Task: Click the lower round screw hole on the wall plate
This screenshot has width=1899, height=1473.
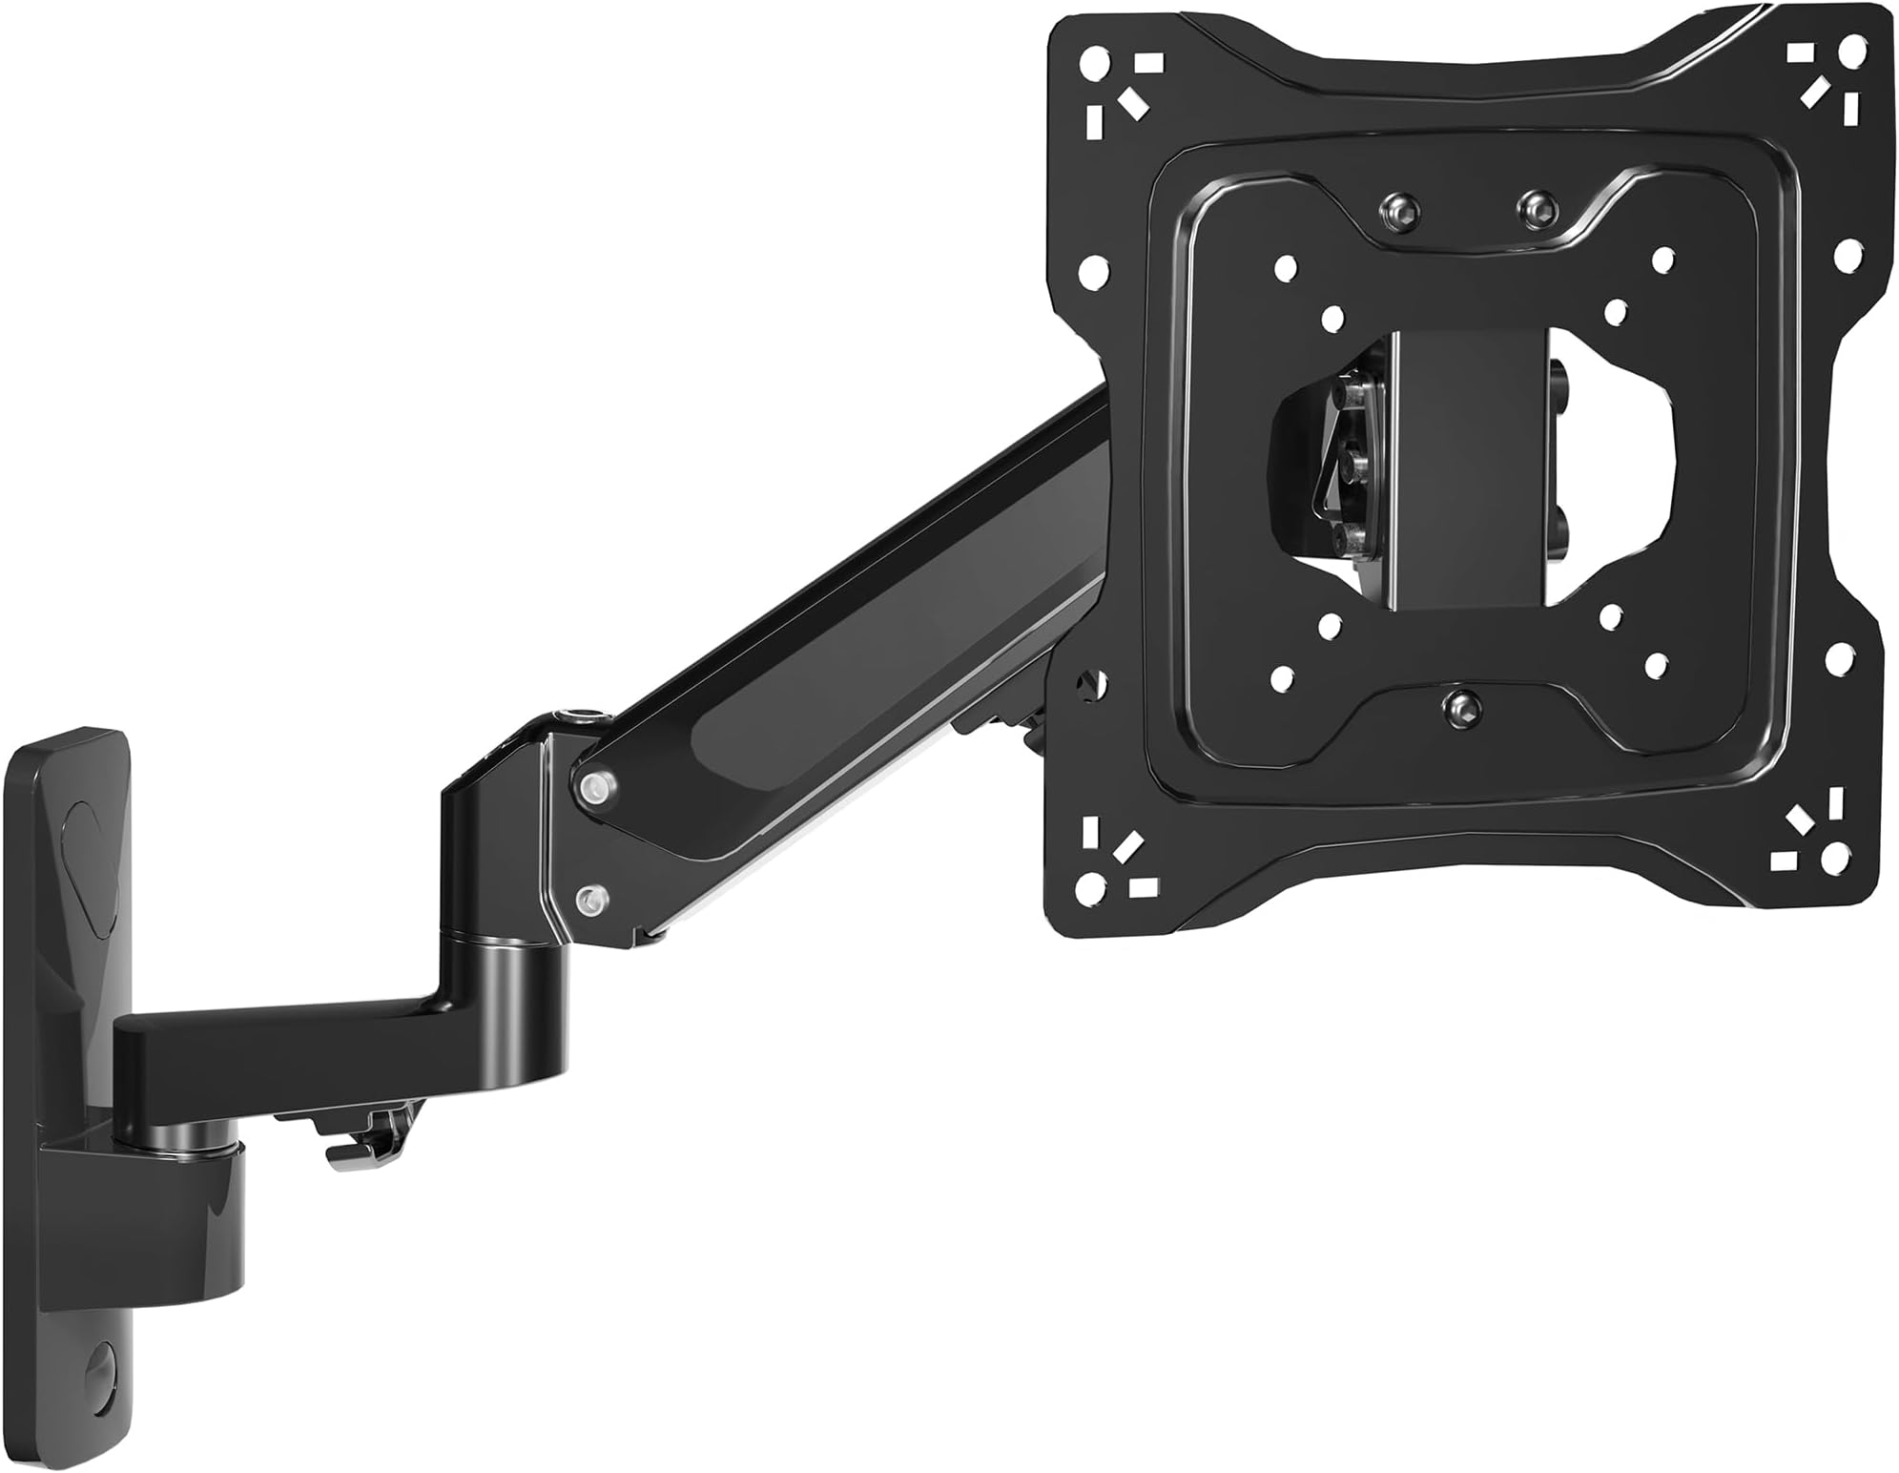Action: point(98,1365)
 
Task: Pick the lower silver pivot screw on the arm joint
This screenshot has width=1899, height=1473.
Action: point(592,897)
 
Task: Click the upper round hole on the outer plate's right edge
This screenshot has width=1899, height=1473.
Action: point(1846,255)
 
